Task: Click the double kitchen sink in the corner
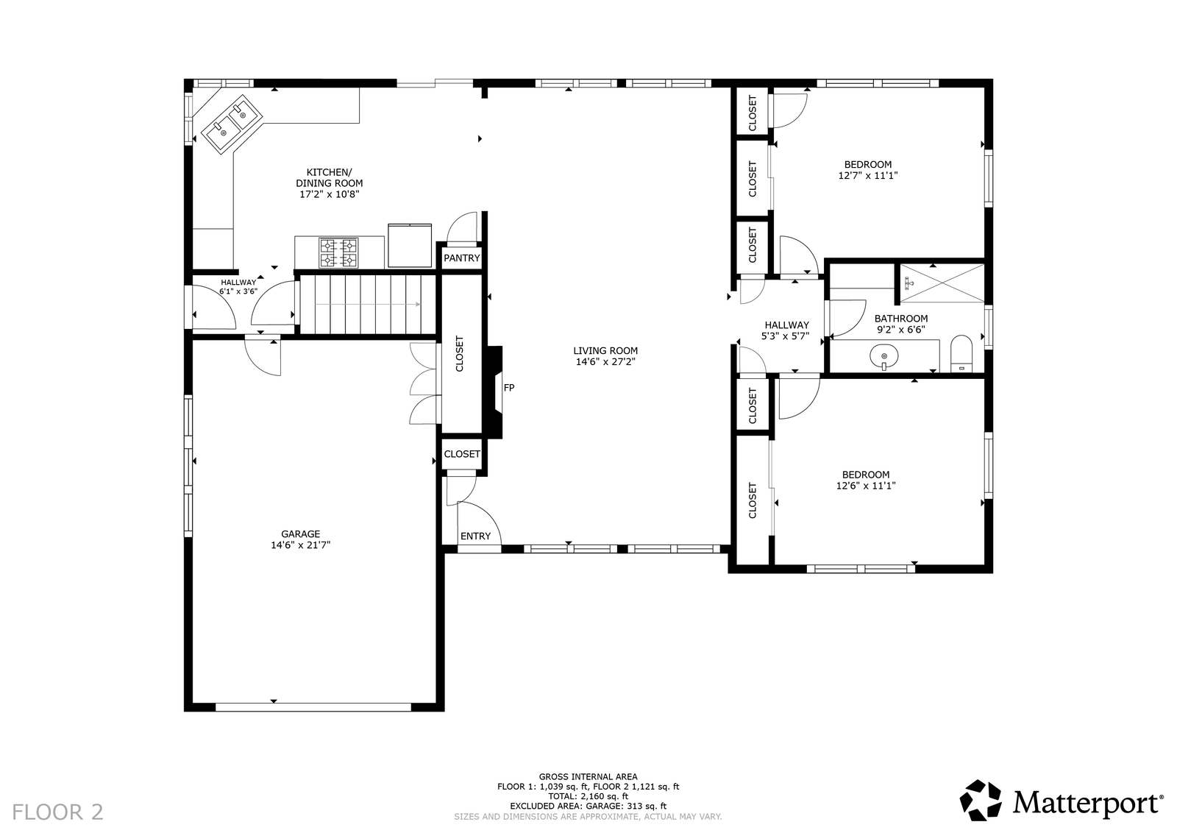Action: [x=232, y=125]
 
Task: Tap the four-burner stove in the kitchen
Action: [x=339, y=253]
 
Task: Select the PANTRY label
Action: [x=462, y=258]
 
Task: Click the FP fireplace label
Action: [x=508, y=388]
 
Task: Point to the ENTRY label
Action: [x=475, y=536]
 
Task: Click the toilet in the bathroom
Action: [x=961, y=354]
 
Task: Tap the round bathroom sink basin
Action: [x=884, y=357]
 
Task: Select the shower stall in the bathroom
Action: [x=942, y=283]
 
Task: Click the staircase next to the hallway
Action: [x=368, y=305]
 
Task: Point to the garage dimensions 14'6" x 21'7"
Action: [x=301, y=545]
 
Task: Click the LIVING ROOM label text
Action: [x=605, y=350]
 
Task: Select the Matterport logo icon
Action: [x=981, y=801]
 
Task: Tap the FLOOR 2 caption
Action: [x=58, y=812]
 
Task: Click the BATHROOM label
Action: [x=901, y=319]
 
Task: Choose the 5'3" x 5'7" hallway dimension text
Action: [x=786, y=336]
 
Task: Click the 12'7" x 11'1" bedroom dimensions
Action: [x=868, y=176]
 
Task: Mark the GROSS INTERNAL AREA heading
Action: [x=588, y=777]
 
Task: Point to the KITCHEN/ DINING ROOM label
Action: [x=330, y=177]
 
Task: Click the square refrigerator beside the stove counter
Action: [x=410, y=246]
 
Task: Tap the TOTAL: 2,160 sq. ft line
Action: [x=588, y=796]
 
